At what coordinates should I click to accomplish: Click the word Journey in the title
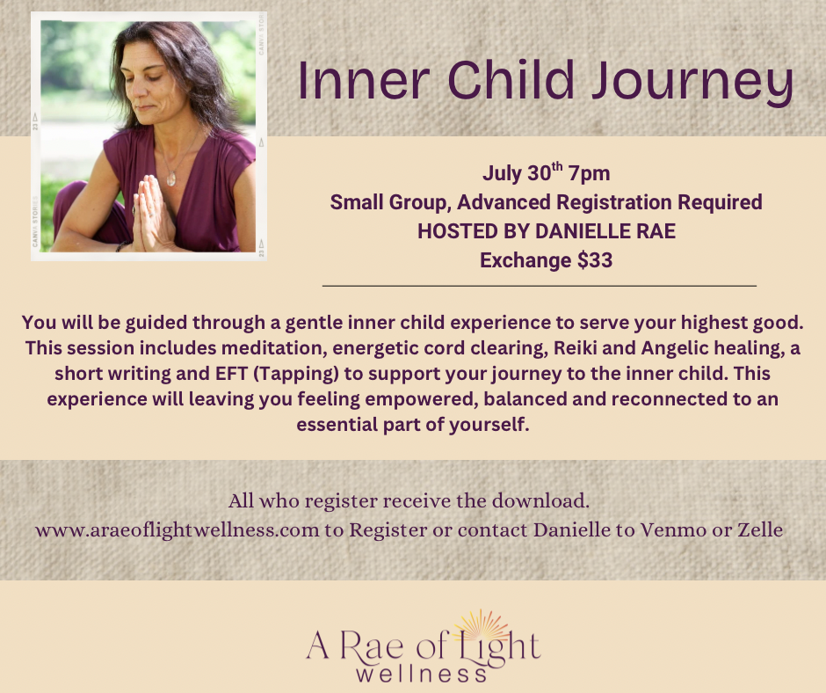tap(692, 83)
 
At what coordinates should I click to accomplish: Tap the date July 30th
tap(523, 172)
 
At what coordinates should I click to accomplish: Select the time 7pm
tap(589, 173)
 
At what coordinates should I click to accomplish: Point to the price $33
tap(595, 260)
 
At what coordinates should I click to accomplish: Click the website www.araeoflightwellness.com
tap(177, 529)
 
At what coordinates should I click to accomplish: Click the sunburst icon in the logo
tap(482, 627)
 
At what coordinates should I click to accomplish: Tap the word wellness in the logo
tap(422, 674)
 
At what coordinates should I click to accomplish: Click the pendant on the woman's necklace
tap(170, 179)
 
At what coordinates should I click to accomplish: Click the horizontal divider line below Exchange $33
tap(540, 286)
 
